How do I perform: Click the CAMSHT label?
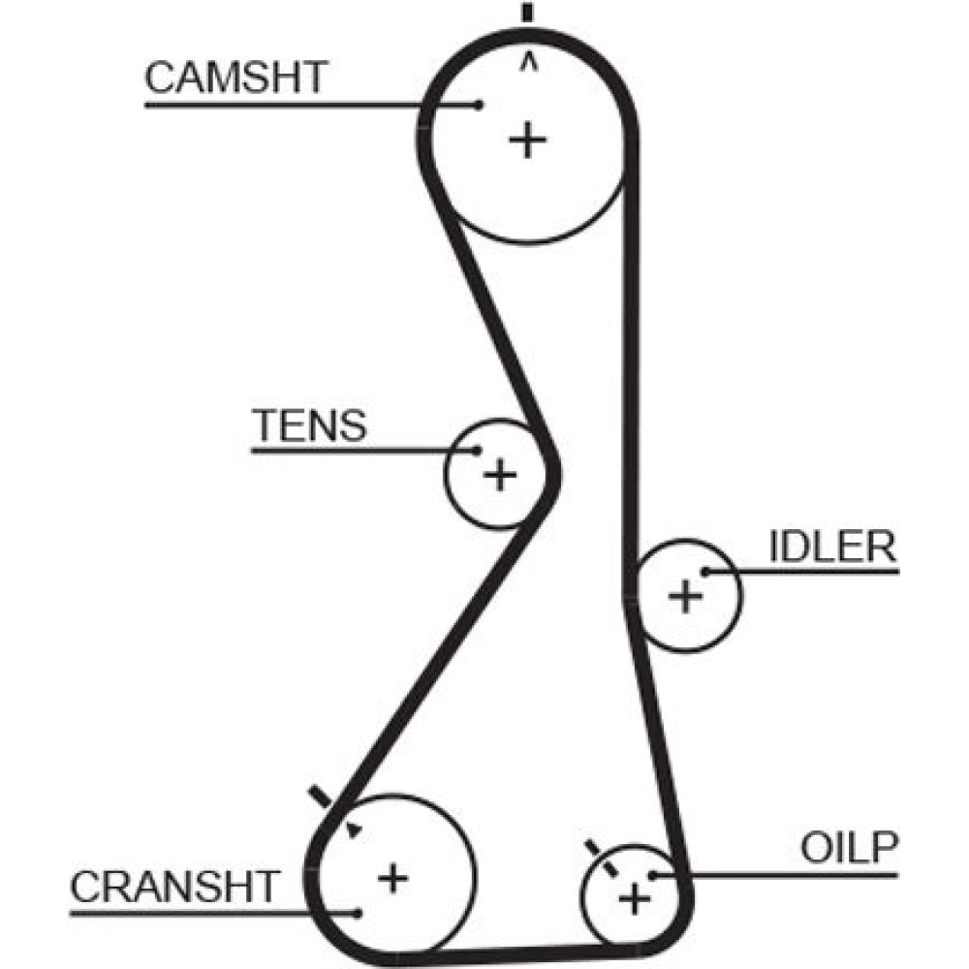[x=236, y=78]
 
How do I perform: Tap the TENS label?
[x=310, y=425]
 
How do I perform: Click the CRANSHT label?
[x=174, y=886]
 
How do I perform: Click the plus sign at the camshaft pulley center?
[x=528, y=141]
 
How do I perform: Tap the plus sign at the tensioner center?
[x=500, y=475]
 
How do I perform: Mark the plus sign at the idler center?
[x=686, y=595]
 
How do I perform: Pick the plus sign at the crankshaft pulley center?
[x=392, y=878]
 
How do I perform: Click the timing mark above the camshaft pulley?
[x=527, y=14]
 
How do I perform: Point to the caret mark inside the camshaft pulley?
[x=528, y=61]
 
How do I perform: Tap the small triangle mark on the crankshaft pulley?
[x=355, y=829]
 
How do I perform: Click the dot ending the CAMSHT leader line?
[x=478, y=105]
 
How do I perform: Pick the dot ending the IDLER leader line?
[x=706, y=572]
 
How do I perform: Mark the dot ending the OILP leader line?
[x=653, y=875]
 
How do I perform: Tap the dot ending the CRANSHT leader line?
[x=358, y=912]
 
